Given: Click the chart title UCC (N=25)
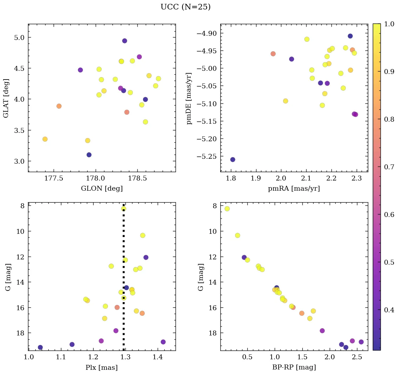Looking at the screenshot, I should pos(185,7).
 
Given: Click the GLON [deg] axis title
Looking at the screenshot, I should pos(102,189).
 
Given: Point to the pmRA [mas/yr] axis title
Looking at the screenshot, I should pos(294,189).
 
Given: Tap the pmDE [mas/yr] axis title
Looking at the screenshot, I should pos(189,98).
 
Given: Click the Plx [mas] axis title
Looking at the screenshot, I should pos(102,367).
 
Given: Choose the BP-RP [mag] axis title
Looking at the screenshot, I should pos(294,367).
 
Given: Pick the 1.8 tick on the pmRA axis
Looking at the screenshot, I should pos(231,179).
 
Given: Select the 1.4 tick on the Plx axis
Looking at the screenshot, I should pos(158,357).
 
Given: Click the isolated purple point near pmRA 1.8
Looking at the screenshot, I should pos(233,159).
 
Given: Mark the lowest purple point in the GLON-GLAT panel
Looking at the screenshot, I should pos(89,155).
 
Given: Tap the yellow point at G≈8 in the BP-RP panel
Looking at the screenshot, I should pos(227,209).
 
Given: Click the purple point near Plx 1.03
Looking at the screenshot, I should pos(40,347).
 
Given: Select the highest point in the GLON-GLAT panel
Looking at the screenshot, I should pos(124,41).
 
